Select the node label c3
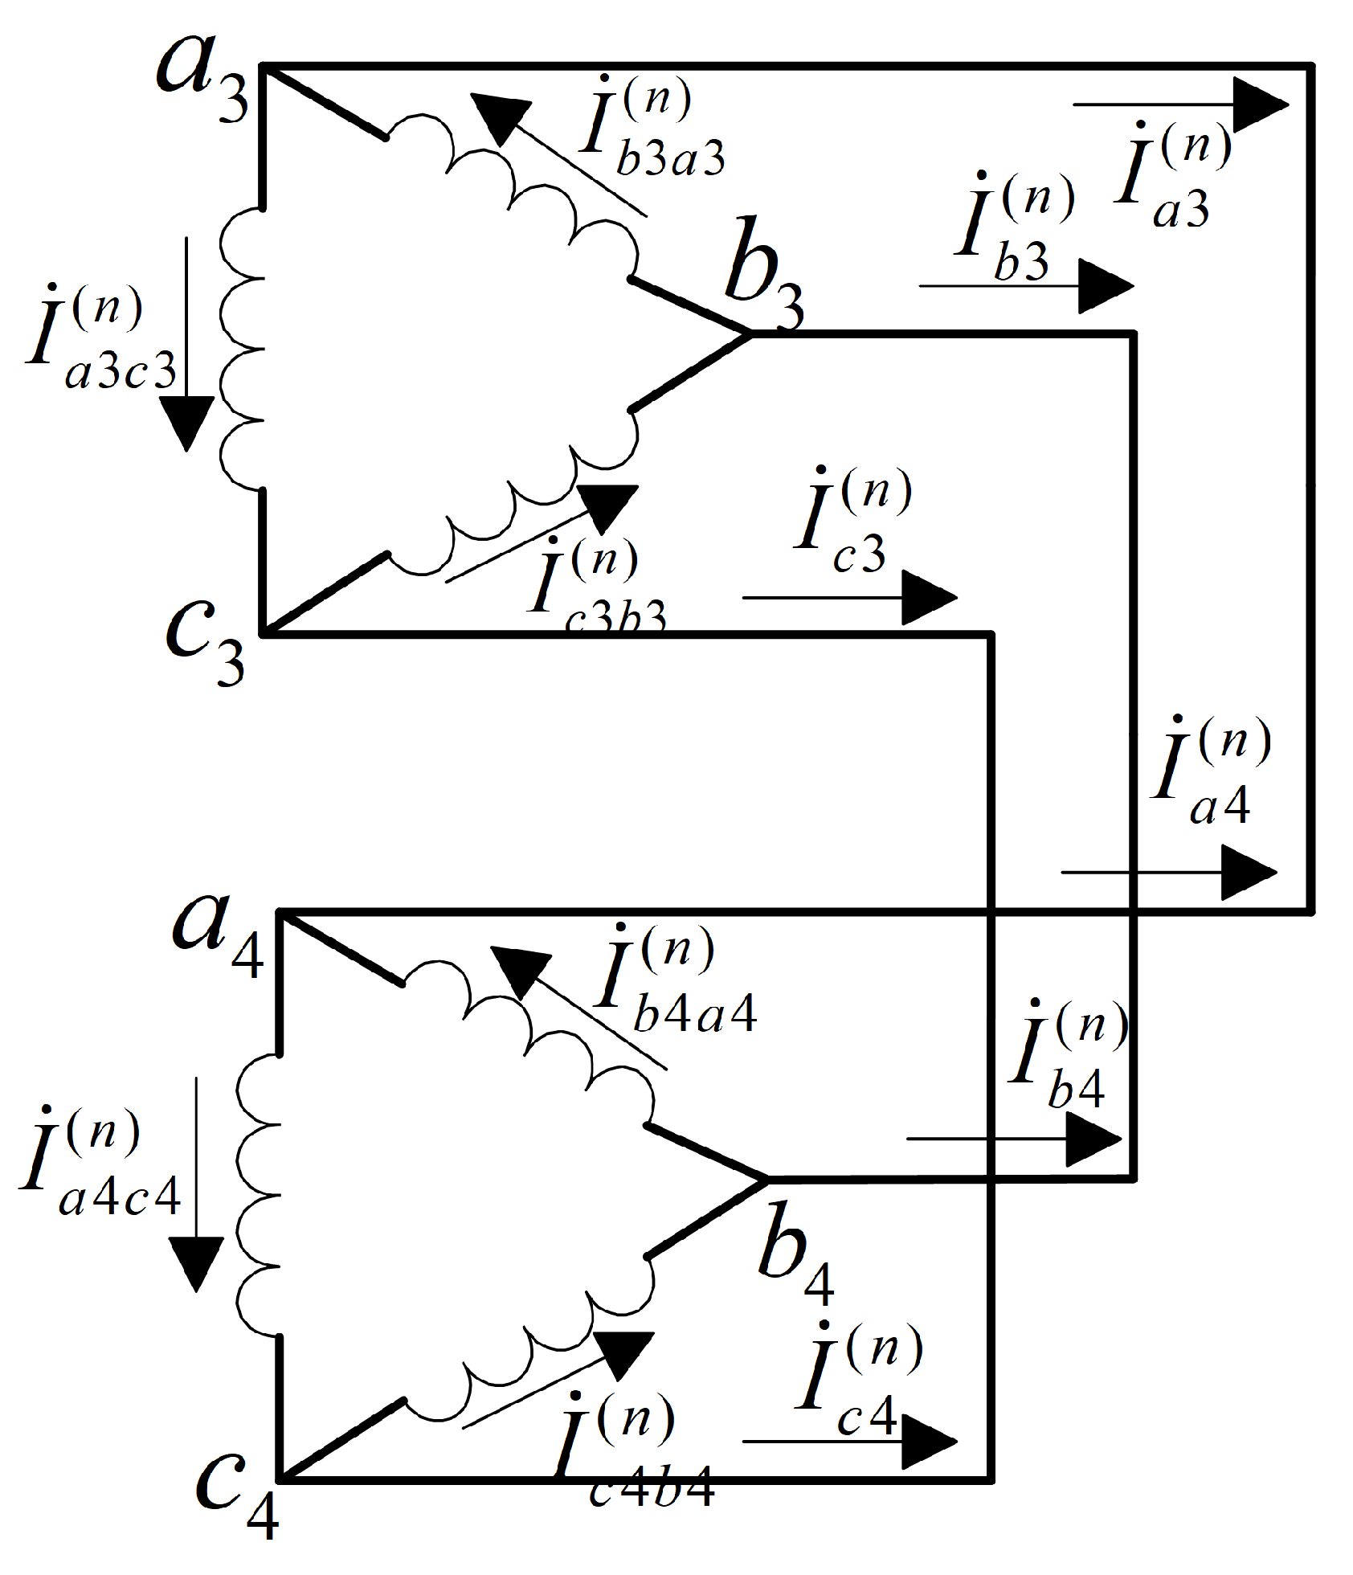click(205, 643)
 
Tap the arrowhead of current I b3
click(1105, 286)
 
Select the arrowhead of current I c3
click(928, 597)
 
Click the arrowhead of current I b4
click(1093, 1139)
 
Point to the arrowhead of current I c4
click(928, 1441)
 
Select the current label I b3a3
click(651, 129)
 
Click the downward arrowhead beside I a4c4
click(196, 1262)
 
